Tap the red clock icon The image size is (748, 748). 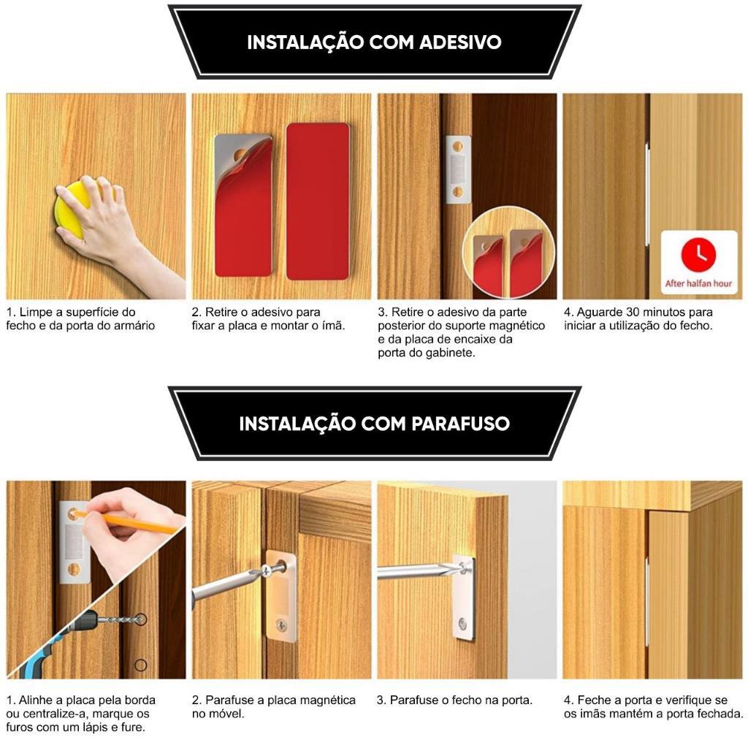(x=698, y=254)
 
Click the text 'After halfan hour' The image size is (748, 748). (x=698, y=283)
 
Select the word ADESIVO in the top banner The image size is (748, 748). (x=460, y=42)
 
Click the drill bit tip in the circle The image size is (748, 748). (x=140, y=619)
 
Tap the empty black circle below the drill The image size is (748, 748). (x=140, y=665)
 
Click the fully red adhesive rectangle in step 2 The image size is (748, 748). (x=318, y=202)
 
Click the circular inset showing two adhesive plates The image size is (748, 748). (x=508, y=253)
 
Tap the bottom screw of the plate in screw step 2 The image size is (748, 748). (x=282, y=624)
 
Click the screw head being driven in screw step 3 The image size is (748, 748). (x=462, y=567)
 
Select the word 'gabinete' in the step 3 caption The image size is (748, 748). (x=450, y=354)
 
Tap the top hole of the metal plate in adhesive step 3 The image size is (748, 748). (x=457, y=146)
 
